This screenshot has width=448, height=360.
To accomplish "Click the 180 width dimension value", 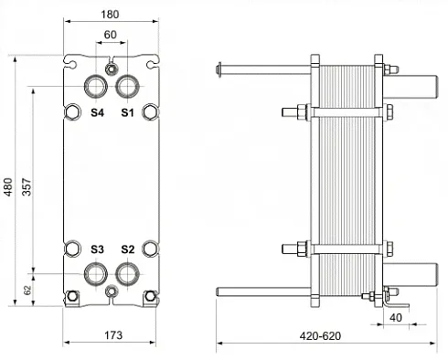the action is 110,14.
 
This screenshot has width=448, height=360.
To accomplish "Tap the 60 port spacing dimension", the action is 110,35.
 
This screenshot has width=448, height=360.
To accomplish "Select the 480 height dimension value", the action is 8,187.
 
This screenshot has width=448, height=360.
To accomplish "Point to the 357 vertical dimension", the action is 27,187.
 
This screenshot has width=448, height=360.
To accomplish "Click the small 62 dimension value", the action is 27,290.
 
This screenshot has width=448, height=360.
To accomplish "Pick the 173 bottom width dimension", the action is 113,335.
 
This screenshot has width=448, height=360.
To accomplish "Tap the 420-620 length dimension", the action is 320,336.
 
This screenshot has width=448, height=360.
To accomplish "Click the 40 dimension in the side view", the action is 396,318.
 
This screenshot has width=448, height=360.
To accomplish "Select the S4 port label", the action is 97,112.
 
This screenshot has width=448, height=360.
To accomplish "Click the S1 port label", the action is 127,112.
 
